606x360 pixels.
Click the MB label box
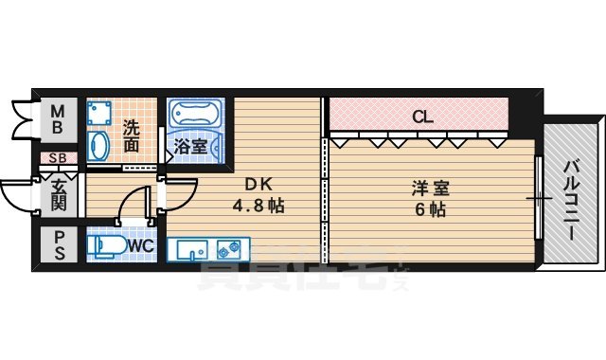pyautogui.click(x=57, y=117)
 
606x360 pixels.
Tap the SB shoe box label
pyautogui.click(x=57, y=158)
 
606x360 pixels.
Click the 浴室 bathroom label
pyautogui.click(x=191, y=147)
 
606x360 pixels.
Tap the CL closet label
pyautogui.click(x=423, y=117)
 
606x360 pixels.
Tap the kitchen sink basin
pyautogui.click(x=191, y=250)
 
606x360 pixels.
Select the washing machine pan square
pyautogui.click(x=101, y=114)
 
